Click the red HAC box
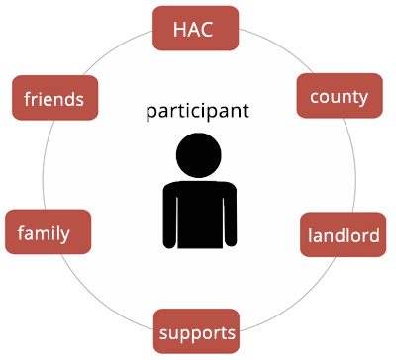point(195,29)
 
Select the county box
point(340,96)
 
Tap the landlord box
point(343,234)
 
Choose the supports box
point(196,331)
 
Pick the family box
point(49,231)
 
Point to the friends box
point(55,98)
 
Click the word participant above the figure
point(197,111)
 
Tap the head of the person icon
point(199,155)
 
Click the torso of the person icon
point(200,215)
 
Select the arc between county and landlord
point(354,165)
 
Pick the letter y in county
point(362,98)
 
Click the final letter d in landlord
point(374,235)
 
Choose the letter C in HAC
point(206,29)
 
